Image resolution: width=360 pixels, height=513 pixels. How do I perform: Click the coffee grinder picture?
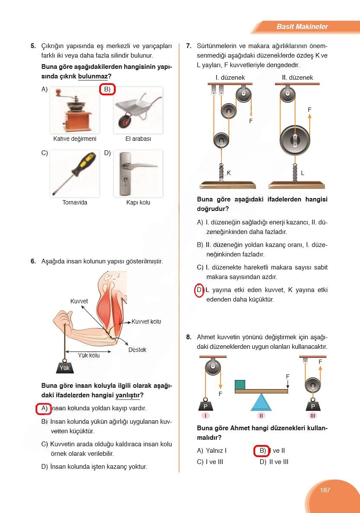point(75,110)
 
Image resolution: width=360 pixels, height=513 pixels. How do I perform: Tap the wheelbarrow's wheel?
point(125,123)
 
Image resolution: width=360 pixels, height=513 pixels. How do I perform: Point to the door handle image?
point(138,174)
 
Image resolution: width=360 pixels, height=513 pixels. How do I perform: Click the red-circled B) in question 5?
point(107,89)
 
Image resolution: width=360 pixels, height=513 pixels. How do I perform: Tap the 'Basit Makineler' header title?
point(302,26)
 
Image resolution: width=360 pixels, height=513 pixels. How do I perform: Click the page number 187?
point(324,490)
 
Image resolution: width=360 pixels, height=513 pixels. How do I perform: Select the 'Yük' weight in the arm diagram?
point(65,367)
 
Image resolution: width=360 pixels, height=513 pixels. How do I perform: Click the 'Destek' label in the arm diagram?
point(137,350)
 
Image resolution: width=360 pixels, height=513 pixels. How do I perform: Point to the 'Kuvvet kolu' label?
point(146,321)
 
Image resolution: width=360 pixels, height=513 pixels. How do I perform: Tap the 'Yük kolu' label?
point(89,355)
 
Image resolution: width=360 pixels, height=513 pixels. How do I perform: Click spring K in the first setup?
point(221,172)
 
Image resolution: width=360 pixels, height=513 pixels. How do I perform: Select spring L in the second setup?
point(295,172)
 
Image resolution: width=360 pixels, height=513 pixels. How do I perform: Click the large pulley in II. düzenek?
point(295,140)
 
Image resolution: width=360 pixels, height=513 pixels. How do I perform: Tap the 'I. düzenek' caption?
point(230,78)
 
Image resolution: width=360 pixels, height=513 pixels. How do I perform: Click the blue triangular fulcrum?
point(261,402)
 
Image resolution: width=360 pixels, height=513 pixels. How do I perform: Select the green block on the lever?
point(240,385)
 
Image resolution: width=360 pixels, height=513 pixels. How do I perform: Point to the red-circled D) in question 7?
point(199,290)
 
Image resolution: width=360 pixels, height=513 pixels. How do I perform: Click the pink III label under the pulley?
point(313,416)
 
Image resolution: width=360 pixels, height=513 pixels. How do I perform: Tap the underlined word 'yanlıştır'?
point(127,395)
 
